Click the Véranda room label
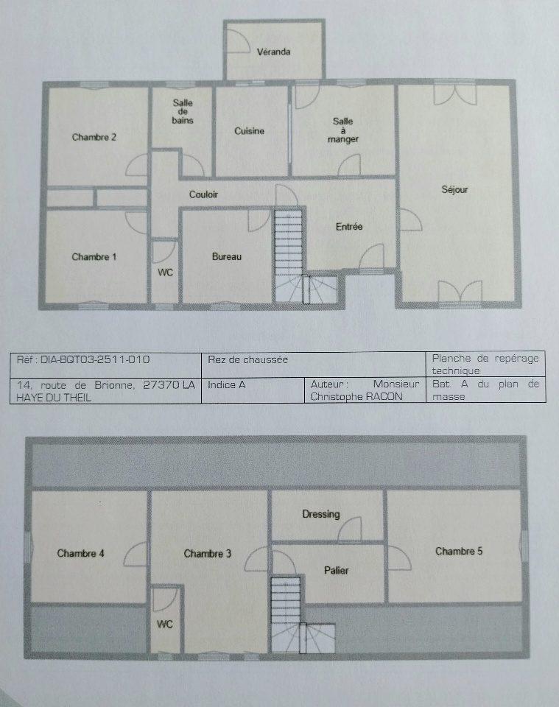point(274,52)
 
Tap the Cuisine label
point(249,131)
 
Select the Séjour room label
point(454,190)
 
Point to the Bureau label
point(227,256)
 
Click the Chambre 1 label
point(94,257)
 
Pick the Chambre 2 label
point(94,137)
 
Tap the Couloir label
point(203,194)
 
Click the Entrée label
point(349,226)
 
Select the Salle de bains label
point(183,111)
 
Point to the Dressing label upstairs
point(321,515)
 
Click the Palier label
point(337,570)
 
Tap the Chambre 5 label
point(459,551)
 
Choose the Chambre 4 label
point(81,553)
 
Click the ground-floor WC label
point(166,272)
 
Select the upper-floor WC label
point(164,625)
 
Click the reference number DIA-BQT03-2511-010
point(95,360)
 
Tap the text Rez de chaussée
point(247,360)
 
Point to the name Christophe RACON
point(356,397)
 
